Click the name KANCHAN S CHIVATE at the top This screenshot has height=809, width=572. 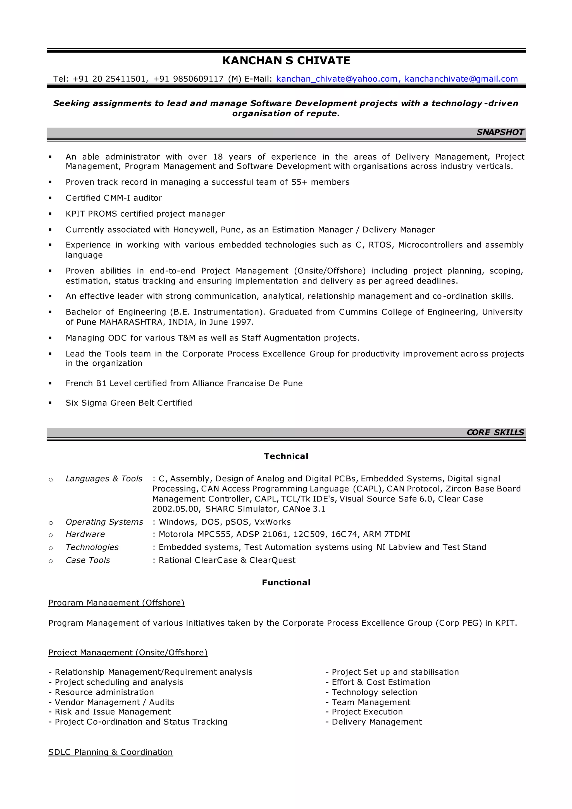coord(286,61)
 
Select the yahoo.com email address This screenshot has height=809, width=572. coord(337,79)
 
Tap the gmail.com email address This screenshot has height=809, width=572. coord(461,79)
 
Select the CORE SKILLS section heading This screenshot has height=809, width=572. coord(495,432)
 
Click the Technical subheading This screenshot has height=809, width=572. coord(286,456)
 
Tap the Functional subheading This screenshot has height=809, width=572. coord(286,583)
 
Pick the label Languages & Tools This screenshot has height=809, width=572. coord(104,479)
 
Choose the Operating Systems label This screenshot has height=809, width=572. coord(104,522)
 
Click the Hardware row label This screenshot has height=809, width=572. coord(85,534)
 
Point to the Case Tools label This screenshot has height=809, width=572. coord(88,560)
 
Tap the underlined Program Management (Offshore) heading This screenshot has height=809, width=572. coord(116,603)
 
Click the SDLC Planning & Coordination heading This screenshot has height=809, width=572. coord(111,752)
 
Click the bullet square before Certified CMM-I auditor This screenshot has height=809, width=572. coord(50,198)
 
